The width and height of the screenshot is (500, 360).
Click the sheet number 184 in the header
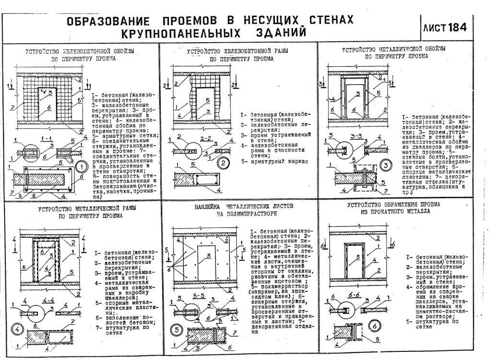pos(457,28)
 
